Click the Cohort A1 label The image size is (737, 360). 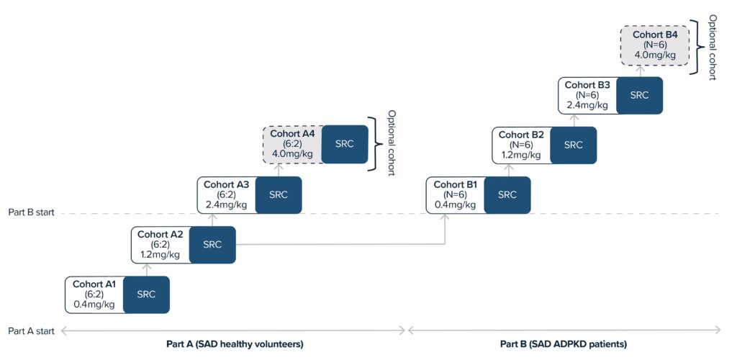click(94, 284)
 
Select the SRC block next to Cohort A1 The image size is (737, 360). click(146, 294)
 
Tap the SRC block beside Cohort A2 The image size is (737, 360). click(212, 244)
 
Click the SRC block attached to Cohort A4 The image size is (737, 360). click(344, 143)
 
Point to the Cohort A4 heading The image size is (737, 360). click(293, 133)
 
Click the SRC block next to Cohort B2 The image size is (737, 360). click(573, 145)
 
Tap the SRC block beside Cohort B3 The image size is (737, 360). click(639, 95)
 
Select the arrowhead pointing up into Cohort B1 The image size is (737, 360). click(446, 217)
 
